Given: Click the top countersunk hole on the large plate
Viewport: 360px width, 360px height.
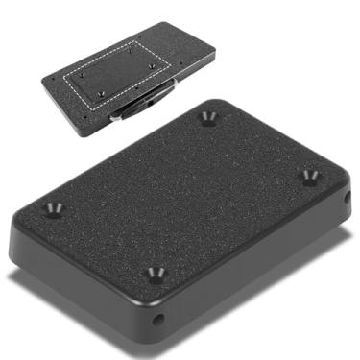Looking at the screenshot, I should click(x=209, y=118).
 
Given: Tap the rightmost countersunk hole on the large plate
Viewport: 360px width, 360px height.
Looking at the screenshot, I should click(x=309, y=177).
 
